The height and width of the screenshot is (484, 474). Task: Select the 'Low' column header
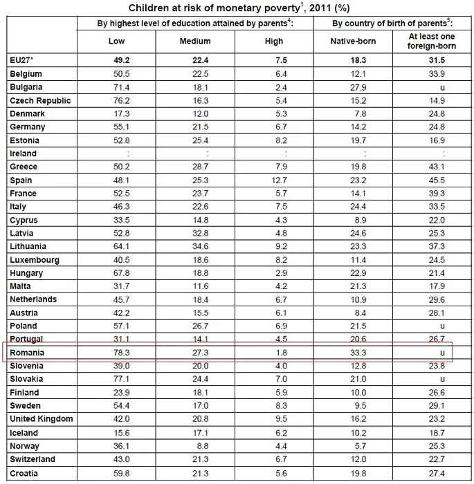(x=117, y=41)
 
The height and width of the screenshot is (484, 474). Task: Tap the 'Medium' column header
(x=195, y=41)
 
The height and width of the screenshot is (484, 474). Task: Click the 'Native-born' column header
(x=354, y=41)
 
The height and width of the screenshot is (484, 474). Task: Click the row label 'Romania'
(x=28, y=353)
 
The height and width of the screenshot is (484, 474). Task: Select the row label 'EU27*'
(x=23, y=60)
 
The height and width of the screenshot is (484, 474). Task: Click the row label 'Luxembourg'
(x=35, y=260)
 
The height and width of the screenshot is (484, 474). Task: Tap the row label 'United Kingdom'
(x=42, y=419)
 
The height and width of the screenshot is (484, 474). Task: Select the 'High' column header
(x=274, y=41)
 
